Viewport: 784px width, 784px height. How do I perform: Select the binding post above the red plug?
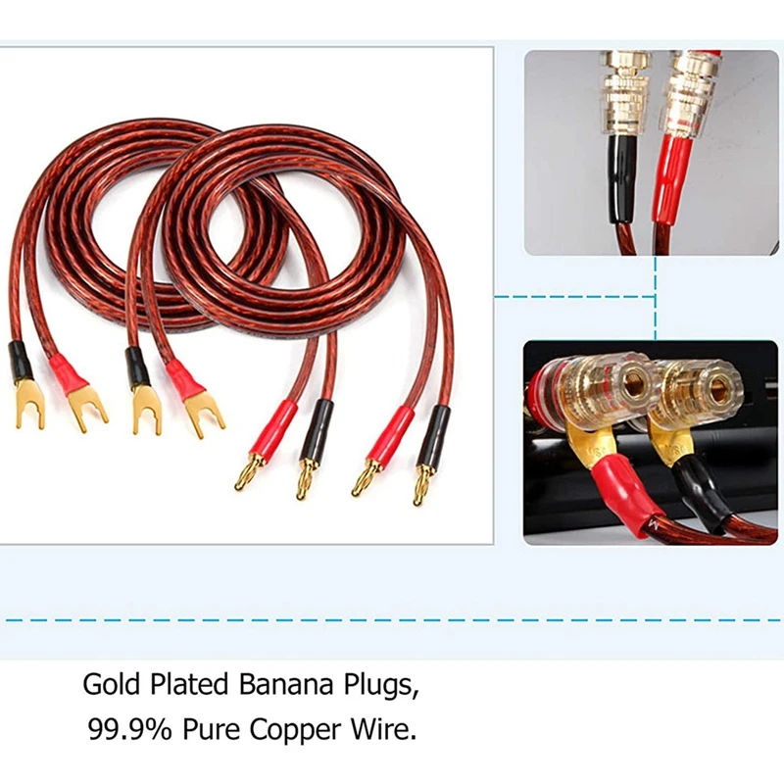tap(689, 88)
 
